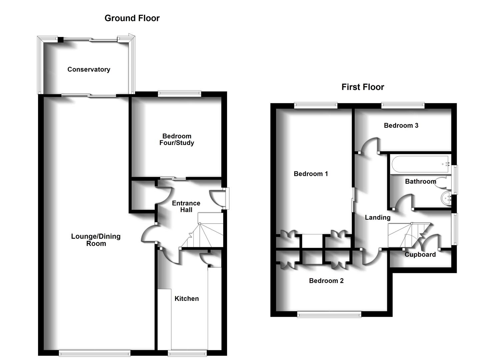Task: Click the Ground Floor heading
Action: point(132,18)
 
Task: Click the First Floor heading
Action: point(363,87)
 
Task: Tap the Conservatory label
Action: point(89,69)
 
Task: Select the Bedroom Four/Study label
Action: point(177,139)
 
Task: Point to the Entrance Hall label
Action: point(186,206)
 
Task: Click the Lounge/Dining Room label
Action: point(96,240)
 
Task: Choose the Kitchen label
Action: point(187,299)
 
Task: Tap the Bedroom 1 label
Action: point(311,174)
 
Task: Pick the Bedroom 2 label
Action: point(326,281)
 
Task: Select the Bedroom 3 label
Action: point(401,125)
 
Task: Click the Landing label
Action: point(377,217)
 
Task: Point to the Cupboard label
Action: point(420,254)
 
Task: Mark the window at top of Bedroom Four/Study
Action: point(180,94)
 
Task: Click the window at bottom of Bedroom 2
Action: point(329,314)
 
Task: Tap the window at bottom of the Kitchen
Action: point(187,353)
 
